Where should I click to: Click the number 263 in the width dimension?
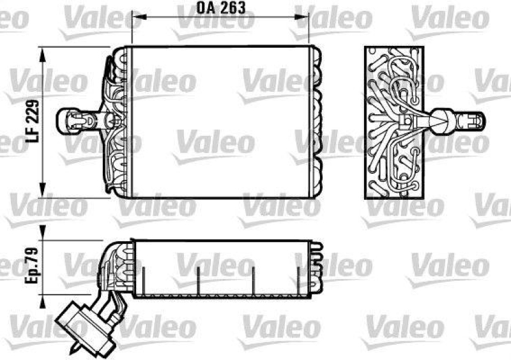click(232, 9)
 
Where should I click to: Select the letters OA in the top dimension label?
click(204, 9)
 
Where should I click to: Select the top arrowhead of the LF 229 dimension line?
click(43, 53)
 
